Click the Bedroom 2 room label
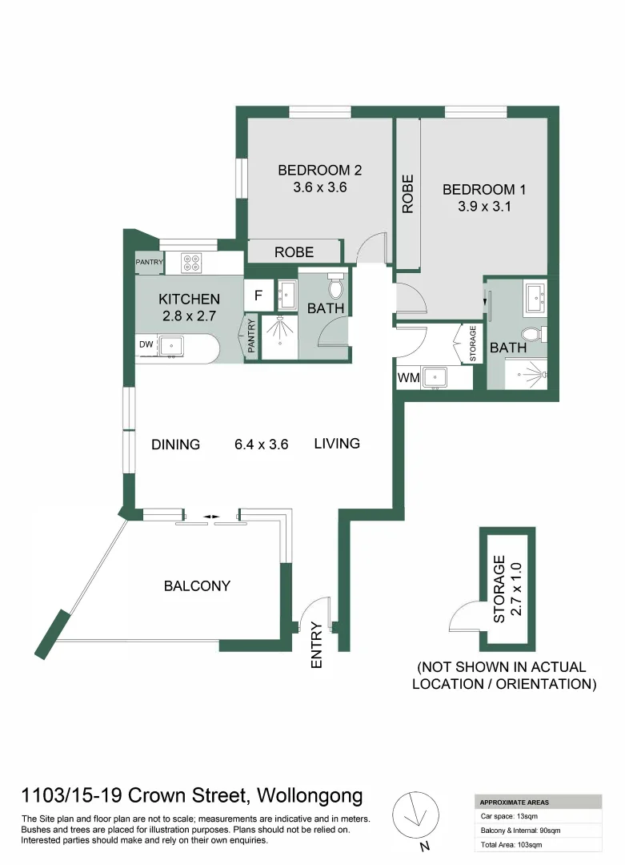[319, 170]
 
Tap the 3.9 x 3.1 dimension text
[483, 206]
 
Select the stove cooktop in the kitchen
[190, 260]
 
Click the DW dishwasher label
[146, 344]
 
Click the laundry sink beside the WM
[438, 377]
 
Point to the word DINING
[175, 445]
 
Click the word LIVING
[337, 443]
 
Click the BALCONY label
[197, 585]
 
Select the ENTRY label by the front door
[316, 646]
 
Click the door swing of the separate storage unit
[465, 617]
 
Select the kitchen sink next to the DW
[171, 345]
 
